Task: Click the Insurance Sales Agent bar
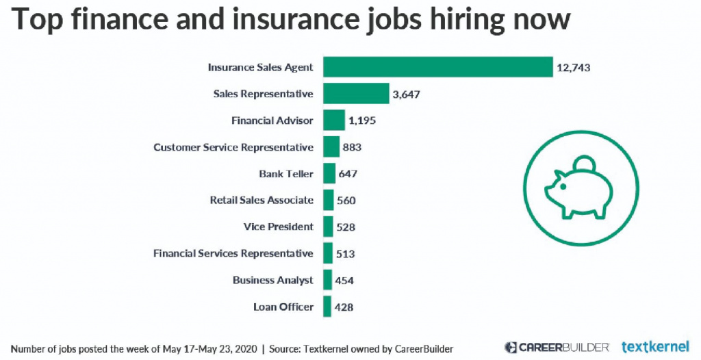pos(438,67)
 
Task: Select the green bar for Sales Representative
pos(356,94)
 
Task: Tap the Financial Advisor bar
pos(334,120)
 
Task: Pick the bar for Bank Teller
pos(329,174)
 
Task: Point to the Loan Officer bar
pos(327,307)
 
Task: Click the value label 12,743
pos(573,68)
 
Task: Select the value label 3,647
pos(406,94)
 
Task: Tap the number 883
pos(352,147)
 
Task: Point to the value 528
pos(346,227)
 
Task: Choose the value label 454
pos(344,281)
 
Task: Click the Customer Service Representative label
pos(233,147)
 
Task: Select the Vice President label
pos(278,227)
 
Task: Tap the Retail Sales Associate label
pos(262,201)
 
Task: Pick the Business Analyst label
pos(272,281)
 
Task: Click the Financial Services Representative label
pos(233,254)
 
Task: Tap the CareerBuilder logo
pos(557,346)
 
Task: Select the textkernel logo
pos(655,346)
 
